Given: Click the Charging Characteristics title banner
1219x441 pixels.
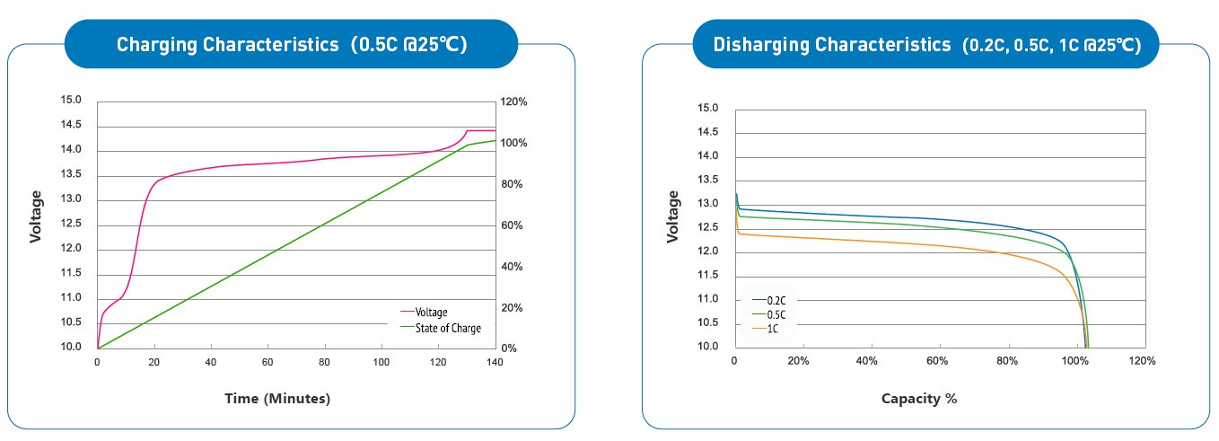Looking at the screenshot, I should click(292, 44).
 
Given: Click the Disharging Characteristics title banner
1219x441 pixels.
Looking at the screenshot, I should click(926, 44).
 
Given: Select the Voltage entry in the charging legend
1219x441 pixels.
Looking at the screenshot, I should click(431, 312).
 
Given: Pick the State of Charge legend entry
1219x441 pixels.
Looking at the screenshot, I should click(447, 328).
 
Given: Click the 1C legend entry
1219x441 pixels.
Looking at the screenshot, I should click(772, 329).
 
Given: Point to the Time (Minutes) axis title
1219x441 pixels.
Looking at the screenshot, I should click(277, 399).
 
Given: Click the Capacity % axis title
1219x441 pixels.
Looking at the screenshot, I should click(919, 398).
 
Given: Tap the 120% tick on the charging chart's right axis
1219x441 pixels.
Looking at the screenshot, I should click(514, 102).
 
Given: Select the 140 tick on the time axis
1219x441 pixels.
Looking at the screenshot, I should click(495, 363).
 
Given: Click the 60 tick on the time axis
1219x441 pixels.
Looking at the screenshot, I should click(267, 363).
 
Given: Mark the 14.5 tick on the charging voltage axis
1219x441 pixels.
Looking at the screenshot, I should click(71, 125).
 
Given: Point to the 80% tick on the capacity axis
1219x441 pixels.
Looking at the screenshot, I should click(1006, 361).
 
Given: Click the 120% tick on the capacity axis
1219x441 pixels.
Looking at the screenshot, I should click(1142, 361).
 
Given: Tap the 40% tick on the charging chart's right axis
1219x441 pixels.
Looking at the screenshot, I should click(512, 267).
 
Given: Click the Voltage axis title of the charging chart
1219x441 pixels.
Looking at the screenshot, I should click(36, 216).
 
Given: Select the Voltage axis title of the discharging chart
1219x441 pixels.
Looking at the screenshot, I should click(673, 216).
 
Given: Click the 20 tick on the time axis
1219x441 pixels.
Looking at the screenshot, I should click(153, 363).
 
